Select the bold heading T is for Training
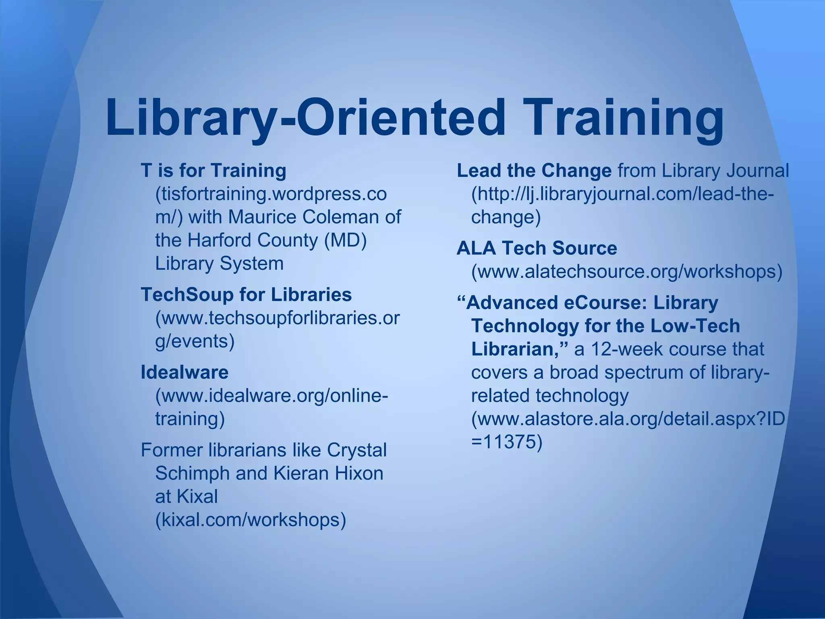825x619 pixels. (214, 170)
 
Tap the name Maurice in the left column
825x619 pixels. (262, 217)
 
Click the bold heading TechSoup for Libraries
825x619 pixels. (246, 295)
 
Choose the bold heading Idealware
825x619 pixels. (184, 372)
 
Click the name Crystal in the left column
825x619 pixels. (357, 450)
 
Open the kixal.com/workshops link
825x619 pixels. (251, 519)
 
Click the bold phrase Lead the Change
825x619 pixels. (534, 170)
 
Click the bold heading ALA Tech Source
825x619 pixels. (537, 248)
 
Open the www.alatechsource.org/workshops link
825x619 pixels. (627, 272)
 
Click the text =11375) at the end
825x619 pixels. (507, 442)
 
